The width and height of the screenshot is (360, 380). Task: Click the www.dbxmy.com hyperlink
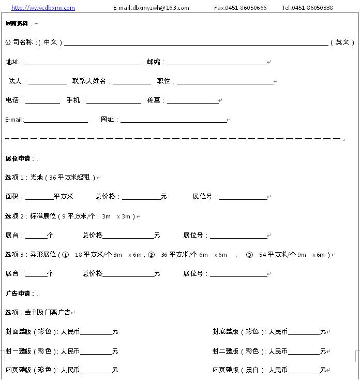point(43,8)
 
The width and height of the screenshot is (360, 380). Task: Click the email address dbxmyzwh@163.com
point(151,8)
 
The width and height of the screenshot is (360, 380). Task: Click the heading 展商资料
point(17,23)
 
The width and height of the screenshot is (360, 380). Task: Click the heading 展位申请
point(20,158)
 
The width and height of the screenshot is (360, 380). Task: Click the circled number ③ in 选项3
point(249,255)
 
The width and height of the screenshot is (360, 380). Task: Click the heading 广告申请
point(20,294)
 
